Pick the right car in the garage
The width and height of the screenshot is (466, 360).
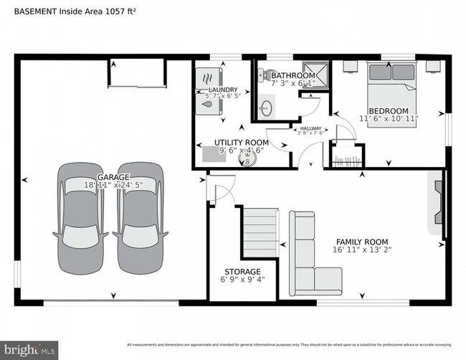[x=141, y=219]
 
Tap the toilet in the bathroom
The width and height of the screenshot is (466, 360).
[x=265, y=75]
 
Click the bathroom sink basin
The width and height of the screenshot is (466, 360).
[x=266, y=108]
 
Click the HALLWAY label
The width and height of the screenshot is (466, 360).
[x=310, y=128]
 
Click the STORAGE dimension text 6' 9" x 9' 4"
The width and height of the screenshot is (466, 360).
[x=242, y=281]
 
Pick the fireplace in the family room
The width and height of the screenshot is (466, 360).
[x=436, y=203]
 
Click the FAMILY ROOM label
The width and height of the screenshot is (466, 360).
[x=363, y=242]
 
